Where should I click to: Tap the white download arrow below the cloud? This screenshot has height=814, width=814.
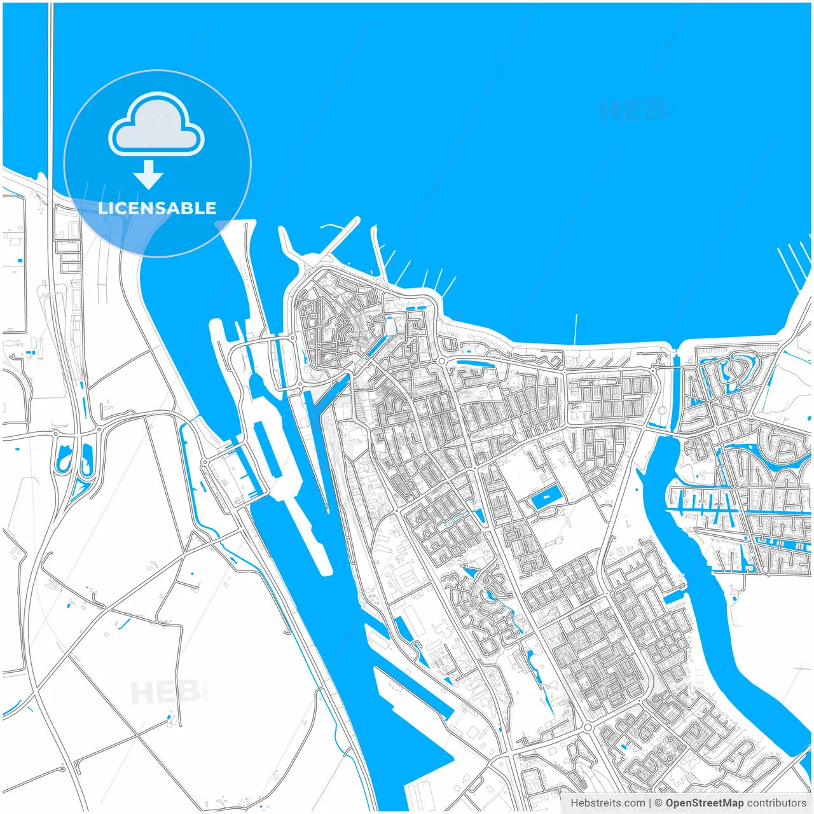[149, 175]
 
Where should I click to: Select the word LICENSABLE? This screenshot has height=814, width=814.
[157, 208]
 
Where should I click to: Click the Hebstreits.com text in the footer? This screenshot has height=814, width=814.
[607, 803]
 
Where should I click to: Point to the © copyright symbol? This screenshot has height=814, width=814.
[659, 803]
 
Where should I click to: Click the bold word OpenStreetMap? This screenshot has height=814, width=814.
[704, 803]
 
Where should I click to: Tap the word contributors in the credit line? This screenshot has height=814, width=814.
[776, 803]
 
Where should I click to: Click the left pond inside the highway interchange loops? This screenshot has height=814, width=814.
[64, 459]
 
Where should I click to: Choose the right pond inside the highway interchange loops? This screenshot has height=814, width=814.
[87, 459]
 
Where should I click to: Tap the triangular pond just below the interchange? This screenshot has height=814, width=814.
[79, 488]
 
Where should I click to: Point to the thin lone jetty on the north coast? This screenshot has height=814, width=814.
[576, 329]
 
